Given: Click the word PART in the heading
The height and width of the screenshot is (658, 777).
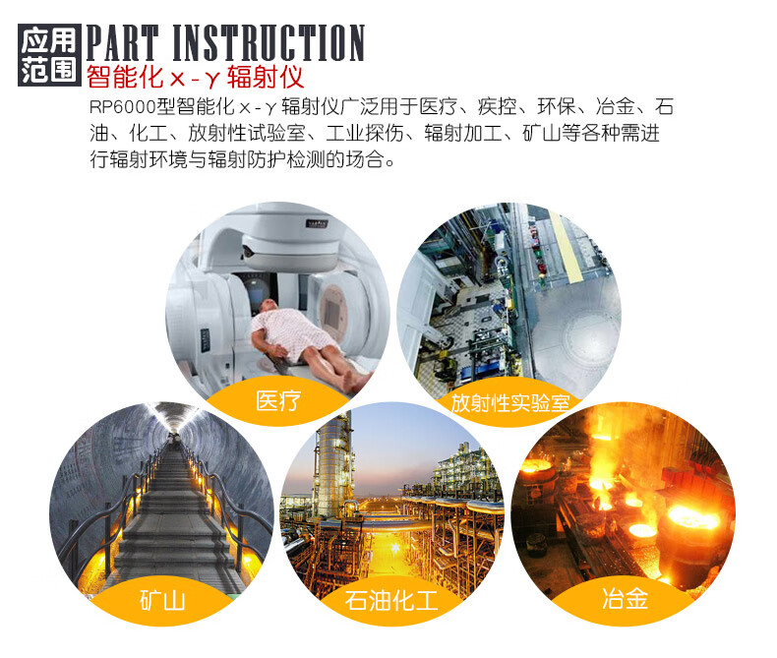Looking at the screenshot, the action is tap(122, 42).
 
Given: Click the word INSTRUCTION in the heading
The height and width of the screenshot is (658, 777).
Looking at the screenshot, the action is tap(269, 42).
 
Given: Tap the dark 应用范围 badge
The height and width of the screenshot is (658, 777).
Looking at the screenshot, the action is tap(49, 55).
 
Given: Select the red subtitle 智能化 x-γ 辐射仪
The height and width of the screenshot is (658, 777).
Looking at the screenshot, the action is tap(196, 77).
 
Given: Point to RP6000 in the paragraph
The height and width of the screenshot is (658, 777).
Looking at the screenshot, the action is tap(122, 107).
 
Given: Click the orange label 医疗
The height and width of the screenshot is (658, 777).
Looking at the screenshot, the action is tap(278, 401).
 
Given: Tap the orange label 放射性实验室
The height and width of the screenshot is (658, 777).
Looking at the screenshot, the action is tap(509, 403).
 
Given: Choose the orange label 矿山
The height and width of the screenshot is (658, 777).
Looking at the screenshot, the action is tap(162, 601).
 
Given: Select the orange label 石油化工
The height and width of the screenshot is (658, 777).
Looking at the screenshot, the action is tap(391, 601).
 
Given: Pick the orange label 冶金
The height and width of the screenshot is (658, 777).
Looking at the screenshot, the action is tap(625, 598).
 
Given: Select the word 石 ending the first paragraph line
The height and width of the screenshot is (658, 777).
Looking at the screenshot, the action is tap(664, 107).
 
